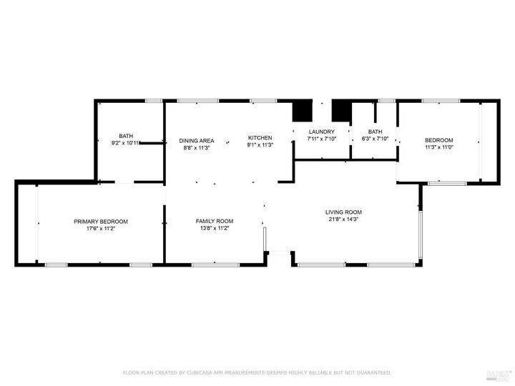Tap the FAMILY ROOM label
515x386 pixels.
point(215,221)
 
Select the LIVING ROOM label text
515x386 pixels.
point(343,212)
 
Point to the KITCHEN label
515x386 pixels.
point(260,137)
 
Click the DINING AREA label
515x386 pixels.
point(196,141)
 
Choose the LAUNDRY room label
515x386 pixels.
point(321,132)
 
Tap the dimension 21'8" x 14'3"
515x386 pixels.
point(343,220)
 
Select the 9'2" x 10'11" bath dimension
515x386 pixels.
point(126,143)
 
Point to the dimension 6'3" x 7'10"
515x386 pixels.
point(375,139)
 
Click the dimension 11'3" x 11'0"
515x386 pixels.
point(438,147)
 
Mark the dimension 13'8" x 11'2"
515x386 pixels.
point(215,229)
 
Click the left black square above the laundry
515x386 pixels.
point(303,112)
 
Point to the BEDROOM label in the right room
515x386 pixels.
point(438,140)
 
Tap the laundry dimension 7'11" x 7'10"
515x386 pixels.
point(321,139)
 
